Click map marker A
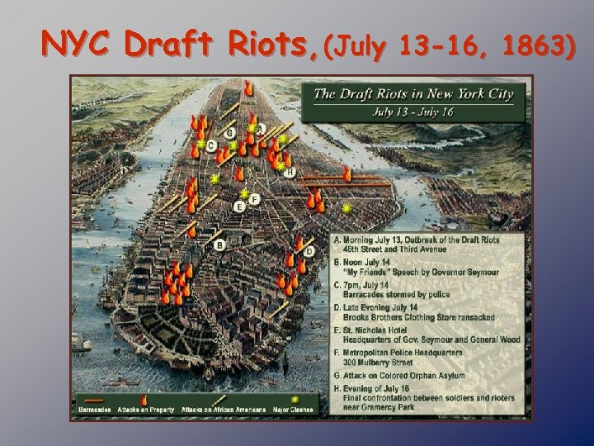pyautogui.click(x=260, y=129)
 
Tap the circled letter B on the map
pyautogui.click(x=219, y=244)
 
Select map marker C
pyautogui.click(x=211, y=145)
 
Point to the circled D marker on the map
pyautogui.click(x=309, y=251)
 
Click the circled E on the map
pyautogui.click(x=239, y=206)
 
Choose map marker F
pyautogui.click(x=254, y=199)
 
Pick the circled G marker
pyautogui.click(x=230, y=133)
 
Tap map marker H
pyautogui.click(x=290, y=172)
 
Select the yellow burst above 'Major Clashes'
pyautogui.click(x=295, y=400)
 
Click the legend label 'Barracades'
pyautogui.click(x=95, y=410)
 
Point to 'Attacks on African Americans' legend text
pyautogui.click(x=223, y=410)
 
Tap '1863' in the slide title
pyautogui.click(x=539, y=48)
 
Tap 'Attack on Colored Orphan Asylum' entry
pyautogui.click(x=402, y=376)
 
